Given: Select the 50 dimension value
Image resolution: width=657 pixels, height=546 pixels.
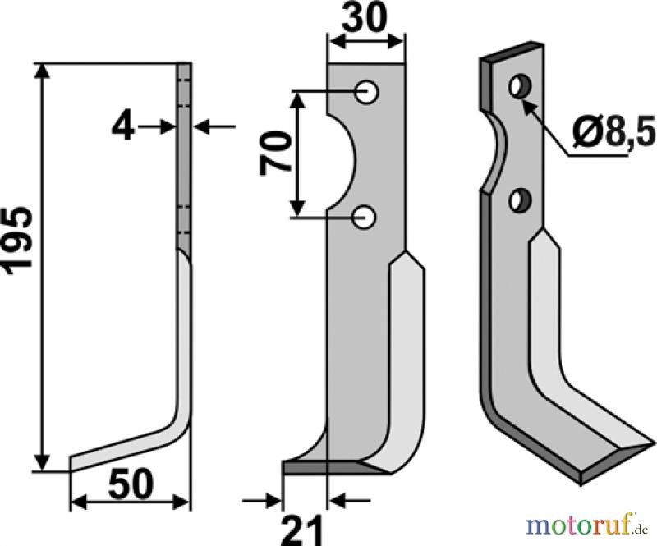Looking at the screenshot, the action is (131, 484).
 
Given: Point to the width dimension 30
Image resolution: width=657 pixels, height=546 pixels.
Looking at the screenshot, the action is (363, 18).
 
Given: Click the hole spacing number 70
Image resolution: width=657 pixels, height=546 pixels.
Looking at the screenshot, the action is (276, 152).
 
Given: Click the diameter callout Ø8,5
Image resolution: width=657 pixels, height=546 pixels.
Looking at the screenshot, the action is (613, 132).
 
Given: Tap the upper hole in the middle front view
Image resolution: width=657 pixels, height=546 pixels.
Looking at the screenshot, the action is (367, 92).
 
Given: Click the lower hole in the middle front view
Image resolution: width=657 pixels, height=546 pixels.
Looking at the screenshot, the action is (365, 217).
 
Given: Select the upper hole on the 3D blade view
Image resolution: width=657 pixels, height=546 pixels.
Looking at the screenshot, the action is (520, 86).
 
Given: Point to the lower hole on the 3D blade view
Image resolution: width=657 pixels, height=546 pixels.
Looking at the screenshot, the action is (520, 200).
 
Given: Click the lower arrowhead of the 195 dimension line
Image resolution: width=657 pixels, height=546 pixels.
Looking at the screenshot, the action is (42, 463).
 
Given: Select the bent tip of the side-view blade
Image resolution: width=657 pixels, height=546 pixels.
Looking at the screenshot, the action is (71, 463).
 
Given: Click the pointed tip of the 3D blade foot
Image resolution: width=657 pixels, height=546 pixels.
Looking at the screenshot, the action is (655, 441).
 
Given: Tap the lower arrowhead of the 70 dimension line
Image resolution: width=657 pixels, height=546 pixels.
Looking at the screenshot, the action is (297, 209).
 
